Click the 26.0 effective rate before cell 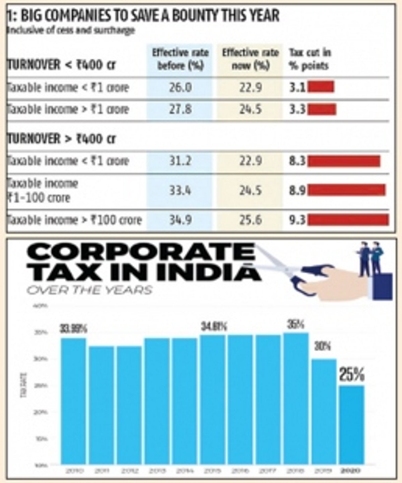[x=180, y=88]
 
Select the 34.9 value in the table [x=180, y=220]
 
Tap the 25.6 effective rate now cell [x=250, y=220]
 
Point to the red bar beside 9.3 [x=348, y=220]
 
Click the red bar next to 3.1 [x=321, y=87]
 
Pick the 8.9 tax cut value [x=297, y=190]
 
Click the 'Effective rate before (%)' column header [x=180, y=59]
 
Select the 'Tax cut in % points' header [x=310, y=59]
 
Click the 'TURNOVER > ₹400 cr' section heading [x=62, y=138]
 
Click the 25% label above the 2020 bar [x=351, y=375]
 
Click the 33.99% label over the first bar [x=73, y=329]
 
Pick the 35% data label [x=295, y=324]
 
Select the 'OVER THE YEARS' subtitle [x=89, y=290]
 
